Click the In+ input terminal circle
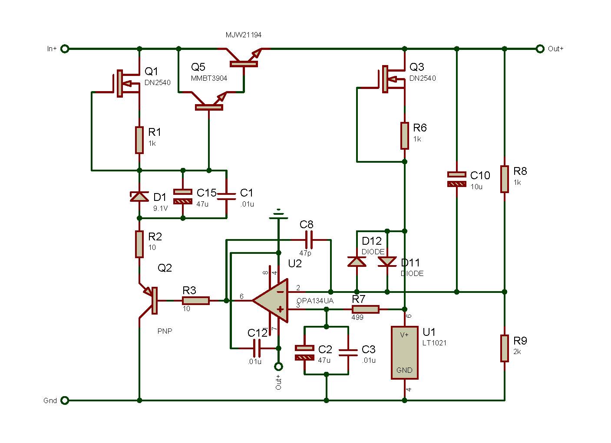pyautogui.click(x=65, y=49)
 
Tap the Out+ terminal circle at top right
pyautogui.click(x=540, y=49)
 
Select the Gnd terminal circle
pyautogui.click(x=65, y=400)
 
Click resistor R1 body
pyautogui.click(x=139, y=140)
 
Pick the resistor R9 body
pyautogui.click(x=505, y=348)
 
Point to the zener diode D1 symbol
pyautogui.click(x=139, y=197)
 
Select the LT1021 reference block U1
pyautogui.click(x=404, y=352)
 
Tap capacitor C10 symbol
pyautogui.click(x=457, y=179)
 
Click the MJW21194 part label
pyautogui.click(x=244, y=35)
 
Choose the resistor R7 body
pyautogui.click(x=365, y=309)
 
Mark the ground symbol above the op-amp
pyautogui.click(x=278, y=214)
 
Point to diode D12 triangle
pyautogui.click(x=357, y=261)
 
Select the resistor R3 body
pyautogui.click(x=196, y=300)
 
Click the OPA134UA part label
pyautogui.click(x=315, y=301)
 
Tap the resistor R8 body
pyautogui.click(x=505, y=179)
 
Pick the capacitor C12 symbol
pyautogui.click(x=257, y=348)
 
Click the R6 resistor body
pyautogui.click(x=405, y=135)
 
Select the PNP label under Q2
pyautogui.click(x=165, y=331)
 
